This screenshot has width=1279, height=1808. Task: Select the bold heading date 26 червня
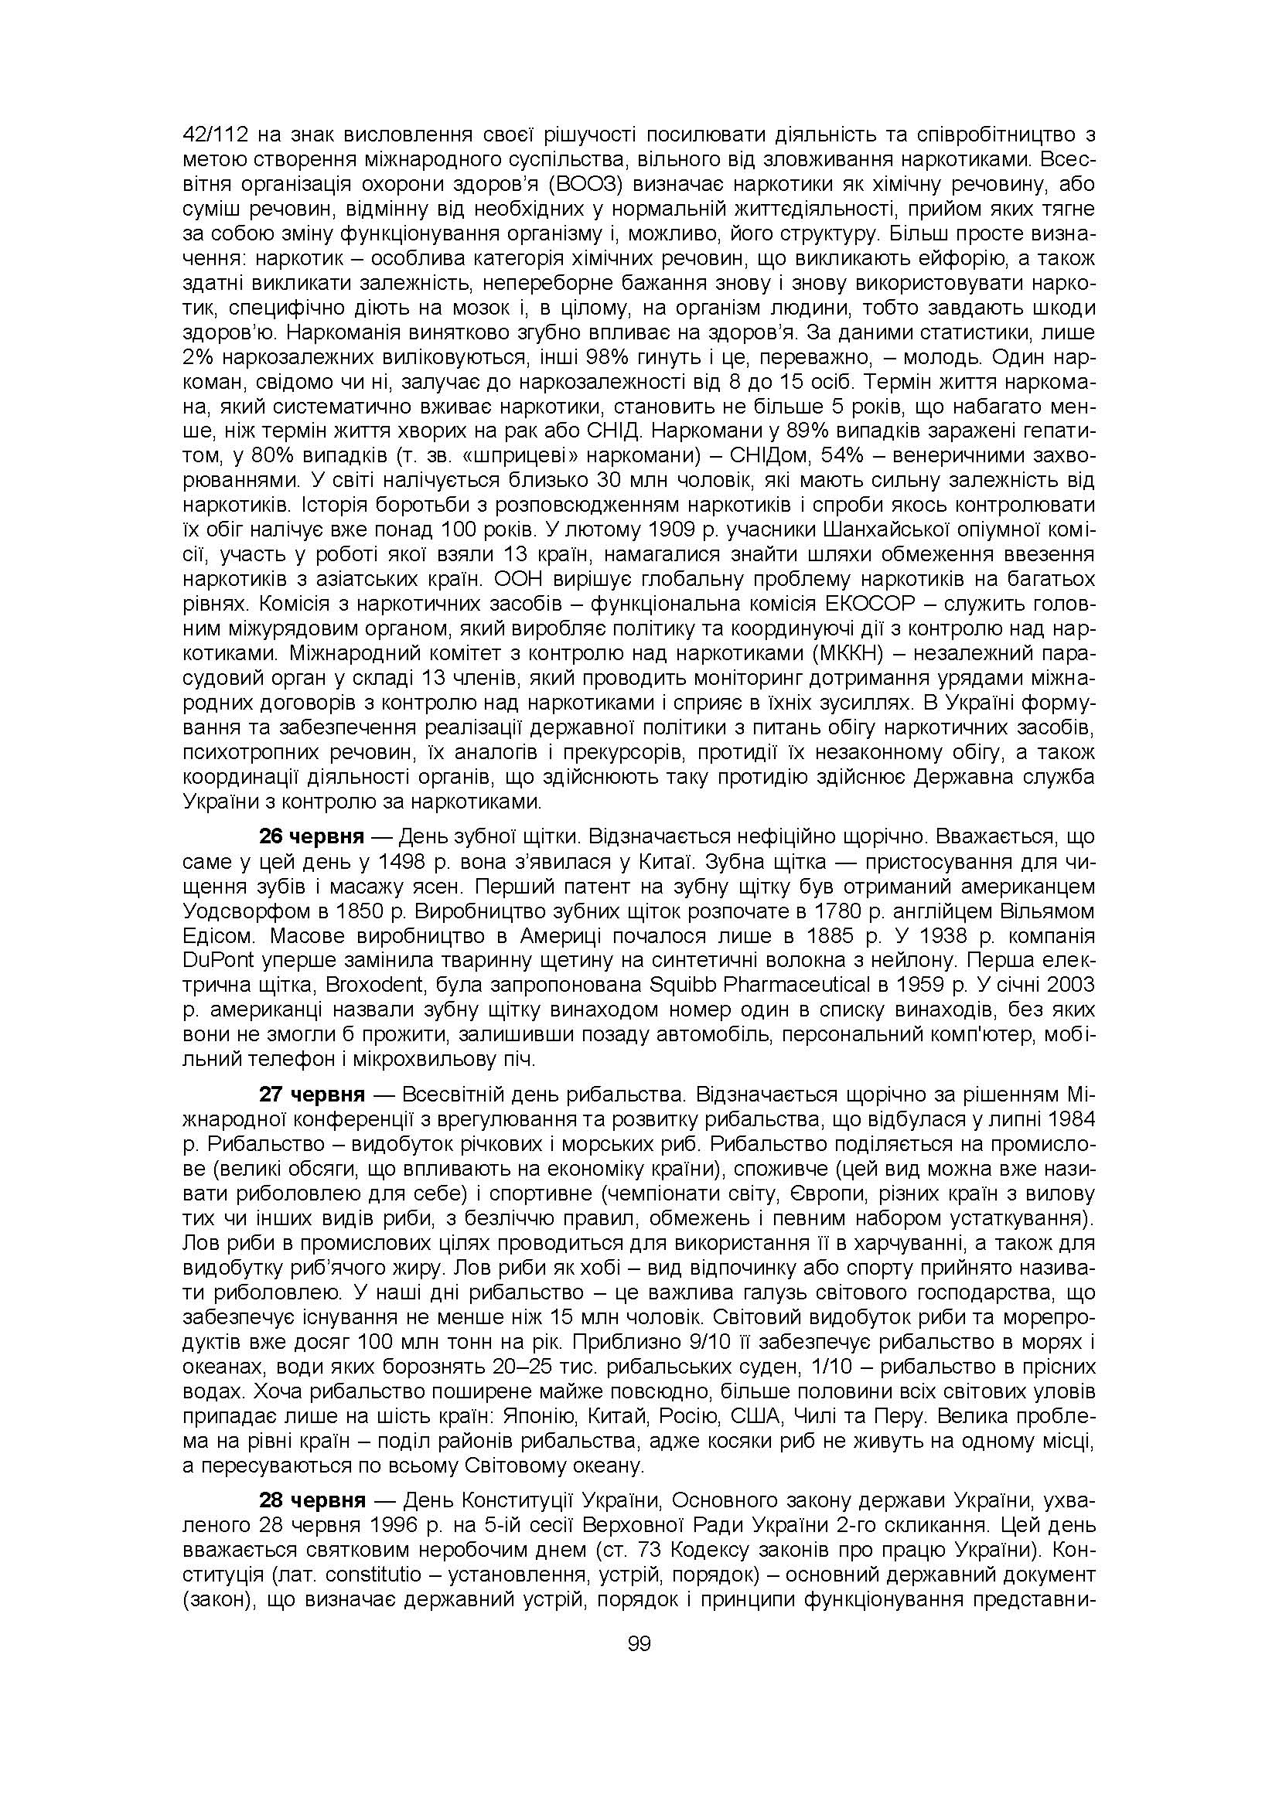pos(311,836)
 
